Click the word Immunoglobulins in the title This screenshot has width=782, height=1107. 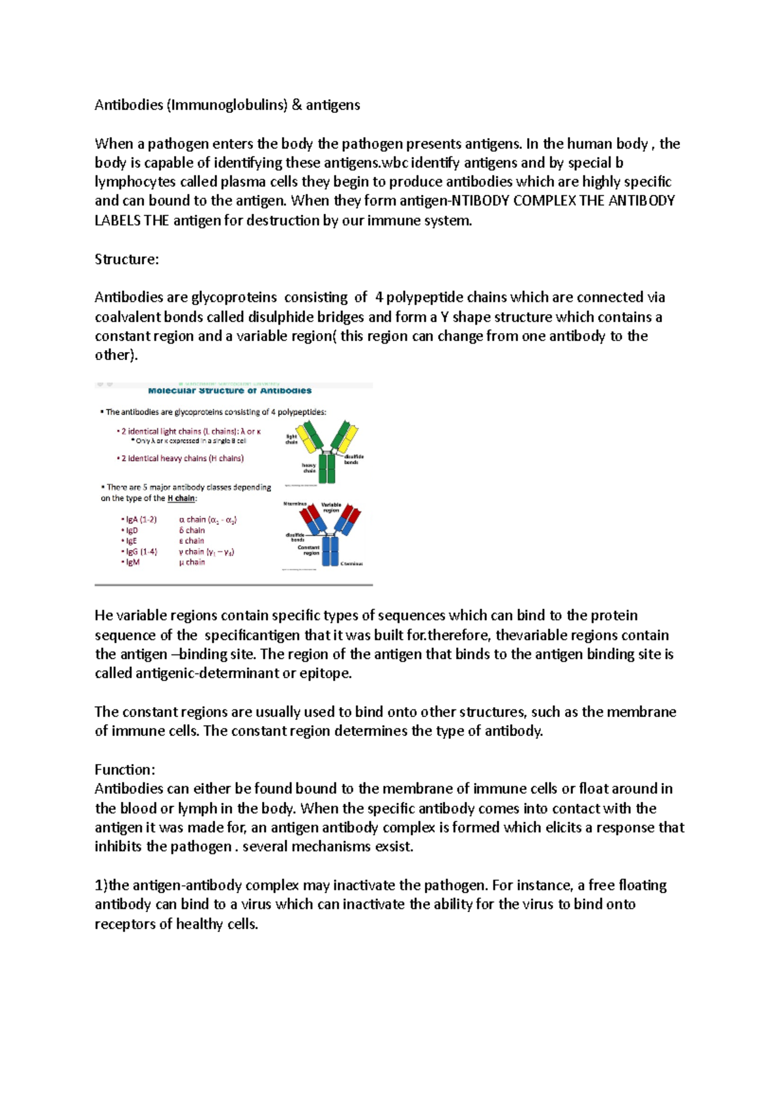tap(226, 105)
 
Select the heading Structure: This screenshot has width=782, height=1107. tap(126, 259)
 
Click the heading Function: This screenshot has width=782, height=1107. tap(124, 769)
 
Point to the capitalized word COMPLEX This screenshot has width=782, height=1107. tap(544, 201)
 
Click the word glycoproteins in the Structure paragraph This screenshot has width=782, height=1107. tap(233, 297)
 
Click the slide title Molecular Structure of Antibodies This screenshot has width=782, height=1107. tap(229, 391)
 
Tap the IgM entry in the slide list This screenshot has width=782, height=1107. tap(132, 562)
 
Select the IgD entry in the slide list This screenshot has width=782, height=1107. tap(132, 531)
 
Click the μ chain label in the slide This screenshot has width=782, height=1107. tap(192, 562)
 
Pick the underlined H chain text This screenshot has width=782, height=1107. tap(181, 498)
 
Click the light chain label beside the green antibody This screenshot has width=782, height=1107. tap(291, 439)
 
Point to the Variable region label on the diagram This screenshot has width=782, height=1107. tap(331, 507)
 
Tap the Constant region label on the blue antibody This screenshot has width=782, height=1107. tap(309, 550)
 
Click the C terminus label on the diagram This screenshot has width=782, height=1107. tap(352, 563)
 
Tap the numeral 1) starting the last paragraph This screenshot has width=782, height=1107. tap(100, 885)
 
